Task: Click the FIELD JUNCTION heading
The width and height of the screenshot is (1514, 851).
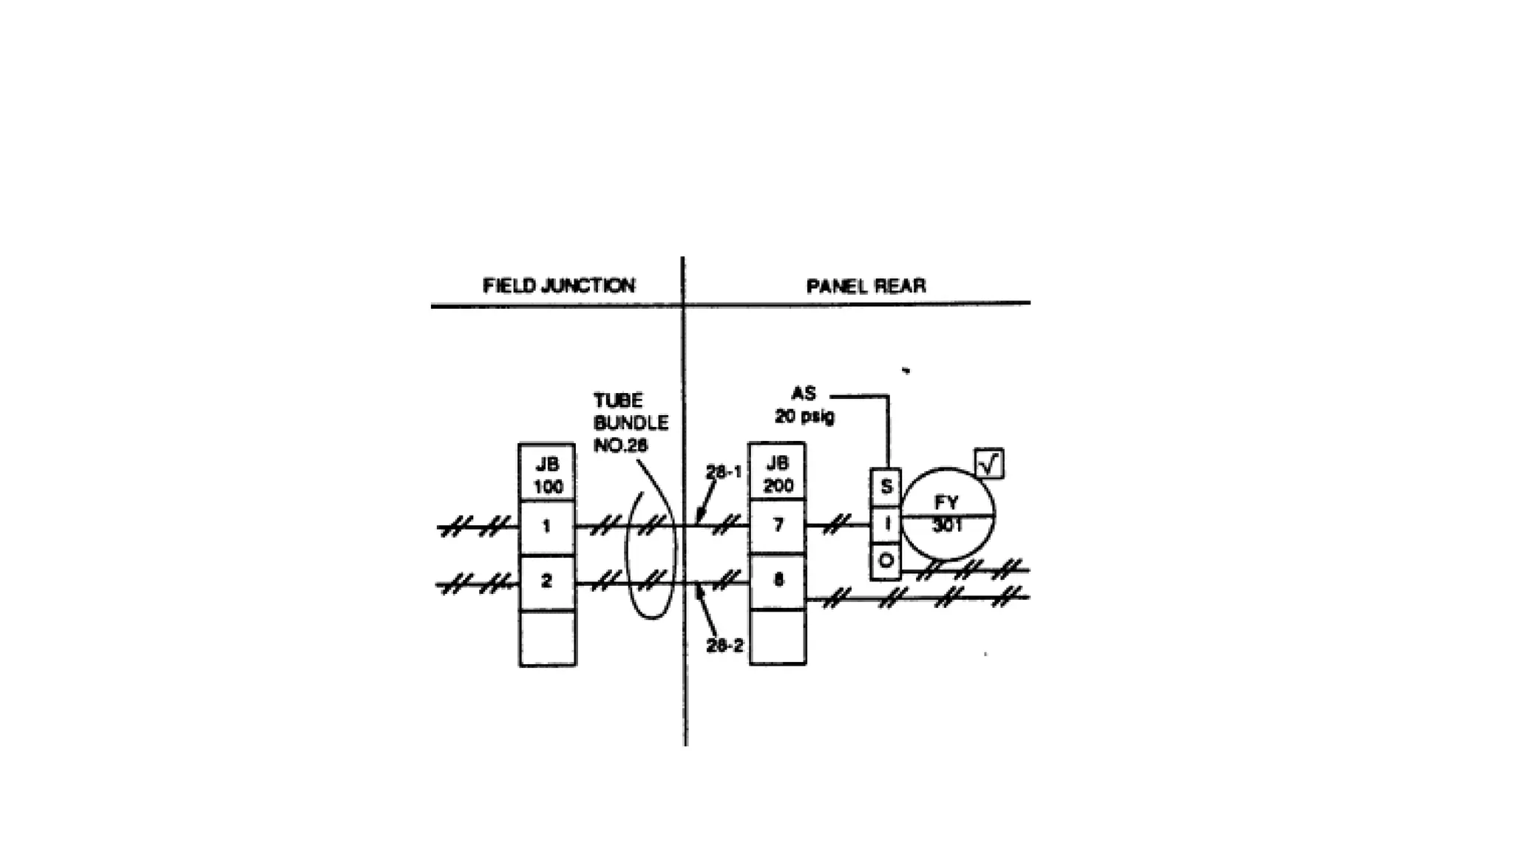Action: pos(559,286)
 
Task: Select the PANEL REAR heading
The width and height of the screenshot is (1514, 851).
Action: pos(866,286)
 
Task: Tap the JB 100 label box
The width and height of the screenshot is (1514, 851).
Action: pos(548,474)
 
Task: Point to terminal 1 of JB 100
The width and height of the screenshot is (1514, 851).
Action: pos(547,527)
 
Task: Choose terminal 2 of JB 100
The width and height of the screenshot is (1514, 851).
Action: pos(547,581)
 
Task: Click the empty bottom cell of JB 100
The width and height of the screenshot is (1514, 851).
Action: pos(548,638)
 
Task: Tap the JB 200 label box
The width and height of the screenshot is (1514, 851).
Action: pos(778,474)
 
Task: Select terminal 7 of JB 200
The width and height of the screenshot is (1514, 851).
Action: pos(778,526)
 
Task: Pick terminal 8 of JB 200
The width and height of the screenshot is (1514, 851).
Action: pos(778,581)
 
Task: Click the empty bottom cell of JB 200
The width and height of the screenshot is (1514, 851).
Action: pos(778,637)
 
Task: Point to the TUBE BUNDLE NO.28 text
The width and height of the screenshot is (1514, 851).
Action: pos(630,423)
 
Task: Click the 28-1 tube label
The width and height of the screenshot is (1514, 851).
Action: pos(723,472)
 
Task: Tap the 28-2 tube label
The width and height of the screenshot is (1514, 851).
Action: pos(724,646)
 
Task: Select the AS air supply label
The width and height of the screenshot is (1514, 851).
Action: pos(803,394)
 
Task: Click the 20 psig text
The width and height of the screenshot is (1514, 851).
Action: pos(804,417)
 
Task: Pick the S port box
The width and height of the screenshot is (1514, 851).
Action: pos(886,487)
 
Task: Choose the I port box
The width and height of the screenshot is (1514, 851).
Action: pos(886,524)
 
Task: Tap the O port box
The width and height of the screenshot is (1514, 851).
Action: pos(886,561)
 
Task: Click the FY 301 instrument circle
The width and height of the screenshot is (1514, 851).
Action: pos(948,514)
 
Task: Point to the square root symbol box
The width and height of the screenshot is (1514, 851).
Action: pos(989,464)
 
